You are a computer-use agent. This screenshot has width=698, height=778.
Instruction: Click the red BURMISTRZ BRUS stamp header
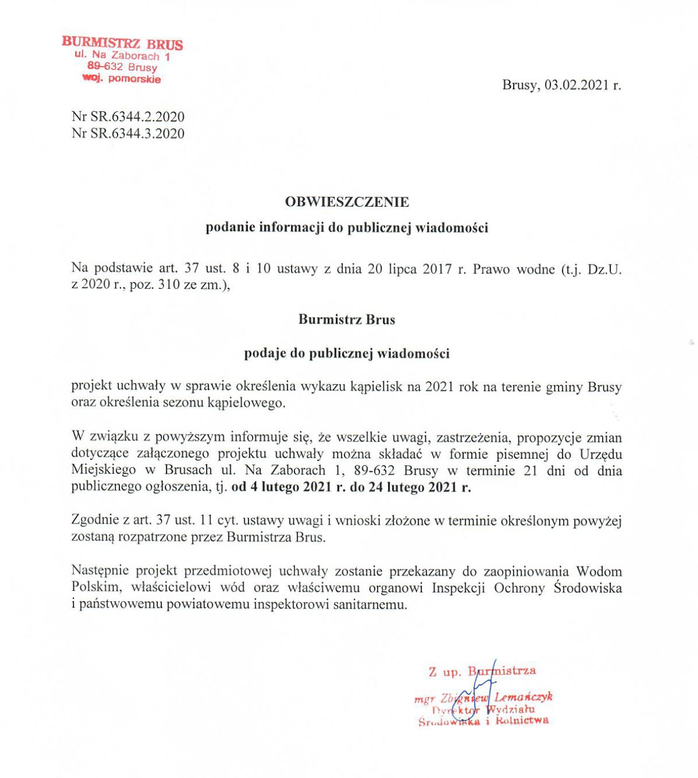[122, 44]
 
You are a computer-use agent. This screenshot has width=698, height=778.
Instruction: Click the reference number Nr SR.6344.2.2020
[128, 117]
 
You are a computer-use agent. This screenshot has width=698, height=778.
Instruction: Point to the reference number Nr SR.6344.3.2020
[128, 133]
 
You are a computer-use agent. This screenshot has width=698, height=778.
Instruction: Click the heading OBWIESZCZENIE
[347, 202]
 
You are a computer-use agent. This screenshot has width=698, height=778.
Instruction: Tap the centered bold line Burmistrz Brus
[347, 320]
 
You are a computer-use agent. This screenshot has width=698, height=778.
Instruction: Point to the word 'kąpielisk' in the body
[374, 386]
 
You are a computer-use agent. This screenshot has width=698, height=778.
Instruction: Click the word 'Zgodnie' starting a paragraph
[94, 521]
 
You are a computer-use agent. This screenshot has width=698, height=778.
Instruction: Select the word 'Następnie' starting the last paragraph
[100, 571]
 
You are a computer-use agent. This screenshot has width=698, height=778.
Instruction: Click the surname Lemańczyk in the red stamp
[523, 697]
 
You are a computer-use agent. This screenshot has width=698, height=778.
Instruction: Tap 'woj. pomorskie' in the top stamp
[122, 79]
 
